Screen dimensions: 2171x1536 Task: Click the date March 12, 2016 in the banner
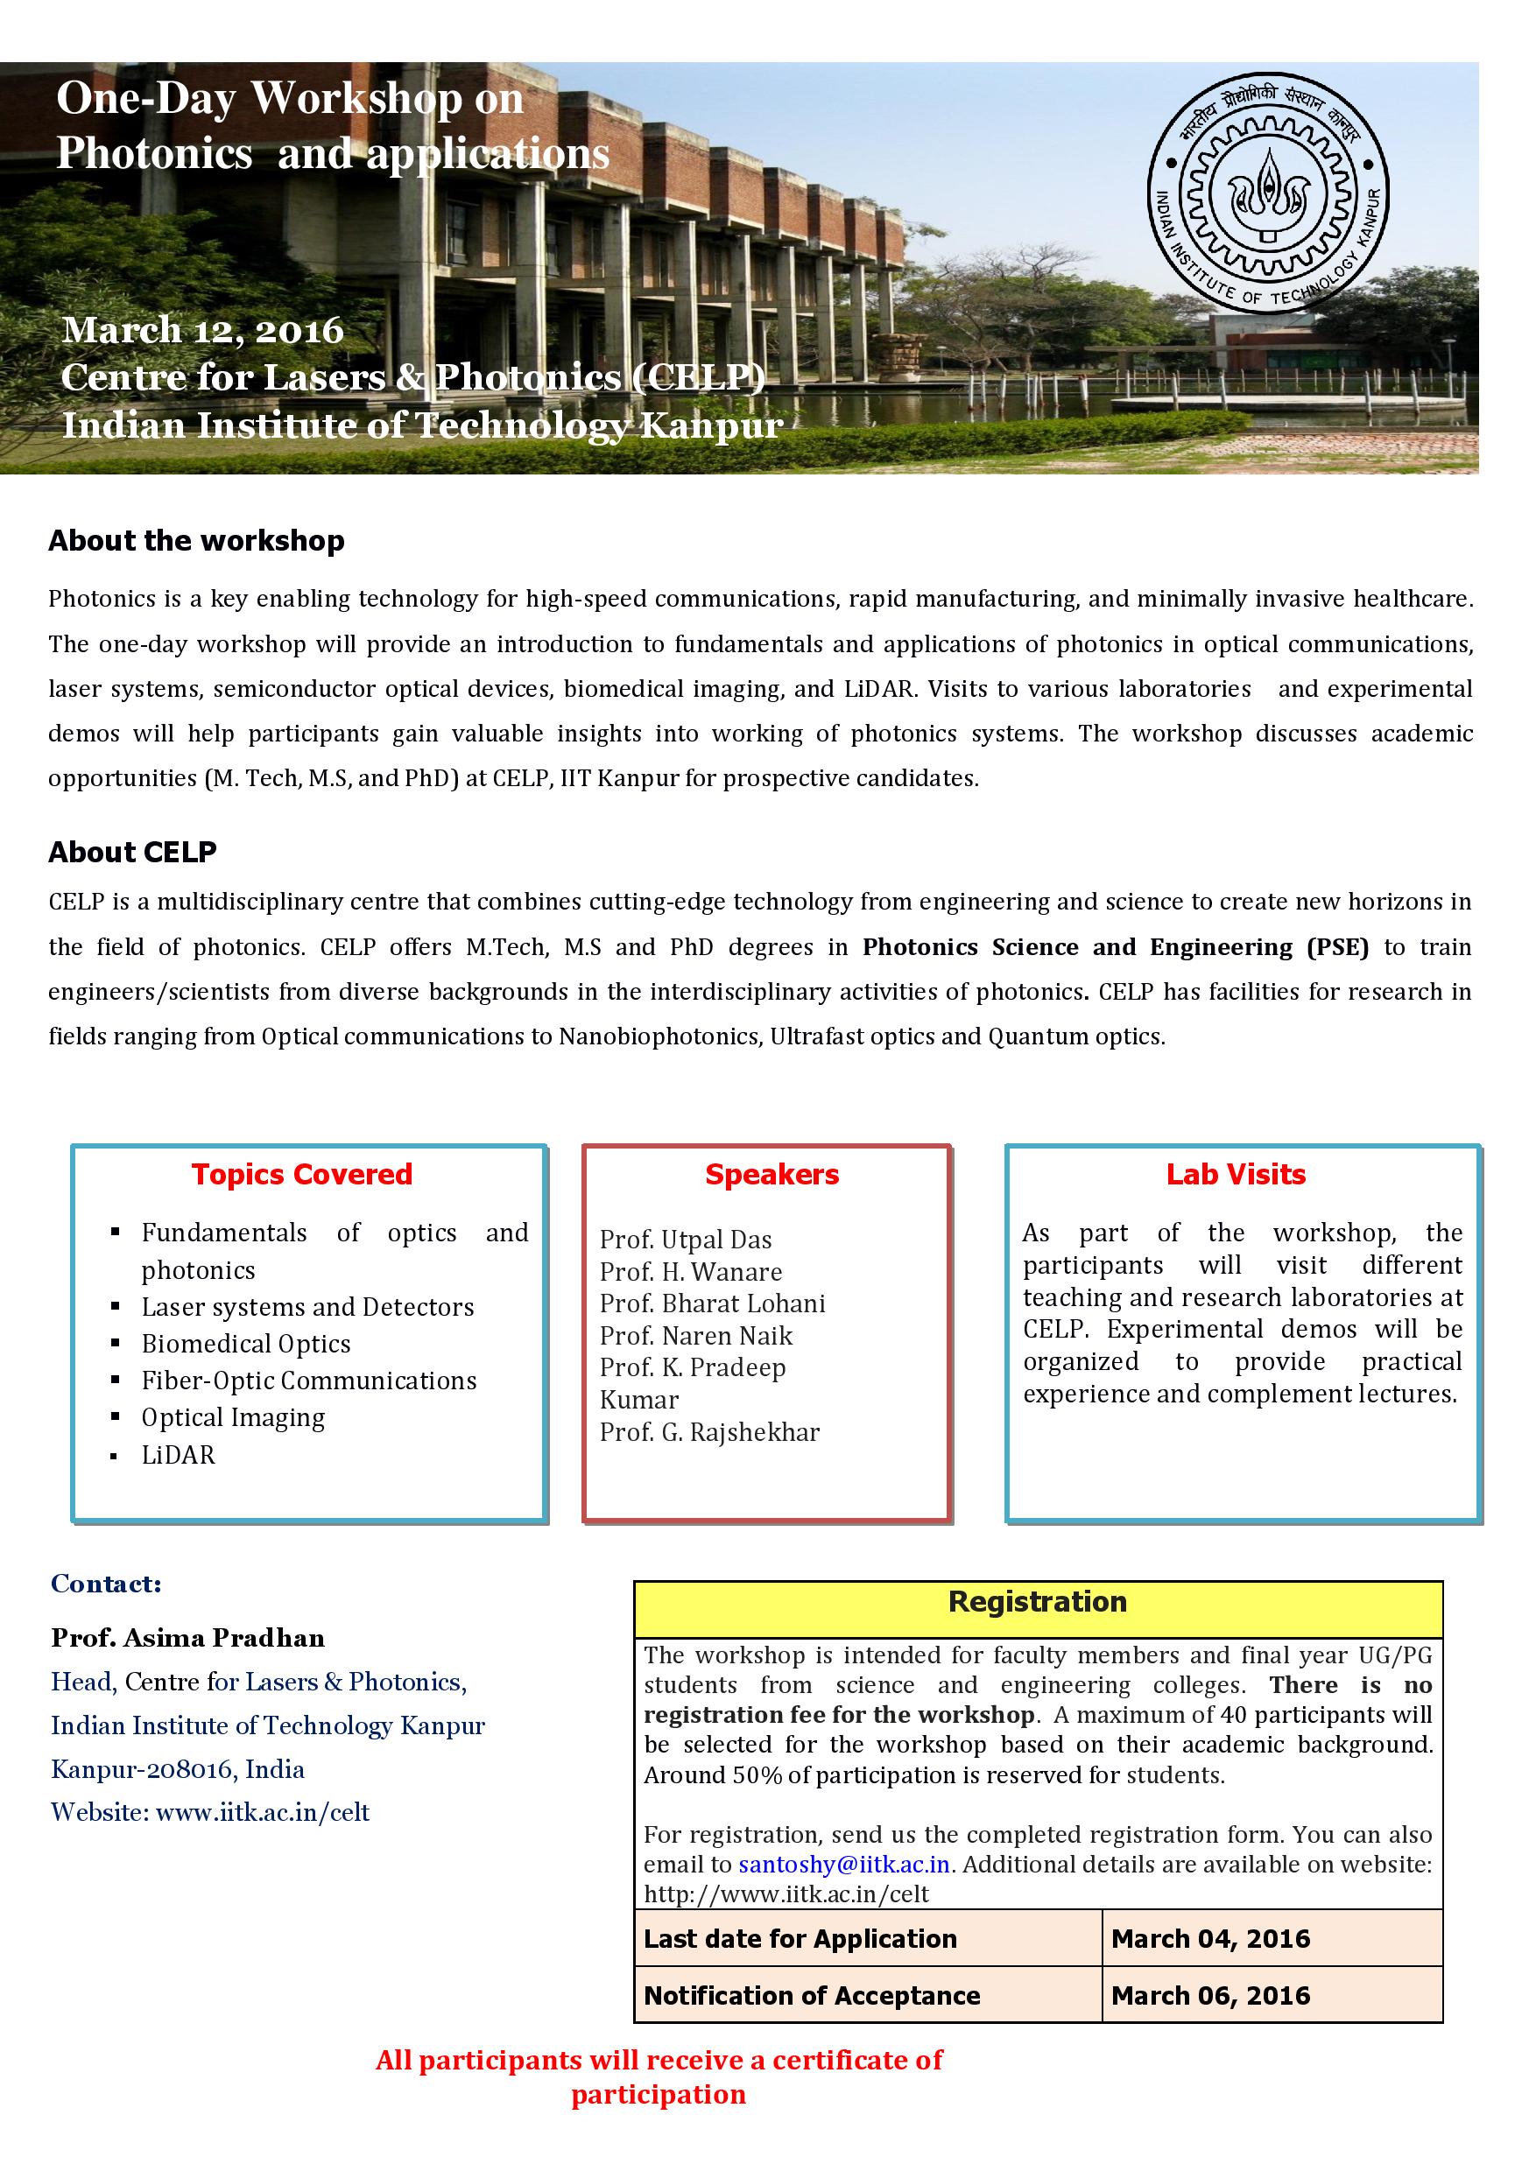coord(202,330)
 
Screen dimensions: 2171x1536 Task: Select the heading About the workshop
coord(197,541)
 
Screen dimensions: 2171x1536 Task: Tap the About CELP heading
coord(132,852)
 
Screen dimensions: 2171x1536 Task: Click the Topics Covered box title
coord(302,1175)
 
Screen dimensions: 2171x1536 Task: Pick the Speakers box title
coord(772,1175)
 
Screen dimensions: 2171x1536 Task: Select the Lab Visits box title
coord(1236,1175)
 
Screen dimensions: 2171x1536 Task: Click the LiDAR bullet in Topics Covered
coord(178,1455)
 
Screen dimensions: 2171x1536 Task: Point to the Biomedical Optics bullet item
coord(246,1344)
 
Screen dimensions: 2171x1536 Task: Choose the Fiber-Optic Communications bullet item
coord(308,1381)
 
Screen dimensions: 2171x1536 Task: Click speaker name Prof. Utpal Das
coord(686,1240)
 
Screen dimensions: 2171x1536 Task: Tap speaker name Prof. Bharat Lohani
coord(712,1304)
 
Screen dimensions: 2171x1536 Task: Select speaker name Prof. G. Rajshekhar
coord(709,1432)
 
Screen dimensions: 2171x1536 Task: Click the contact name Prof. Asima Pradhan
coord(188,1638)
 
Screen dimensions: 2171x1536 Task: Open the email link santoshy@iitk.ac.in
coord(843,1865)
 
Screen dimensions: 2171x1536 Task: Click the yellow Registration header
coord(1038,1602)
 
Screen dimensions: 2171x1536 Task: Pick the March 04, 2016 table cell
coord(1210,1938)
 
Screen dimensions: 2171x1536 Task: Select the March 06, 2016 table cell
coord(1210,1995)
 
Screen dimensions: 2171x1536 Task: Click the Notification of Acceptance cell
coord(812,1995)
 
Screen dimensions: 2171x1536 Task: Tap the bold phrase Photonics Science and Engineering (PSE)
coord(1115,947)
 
